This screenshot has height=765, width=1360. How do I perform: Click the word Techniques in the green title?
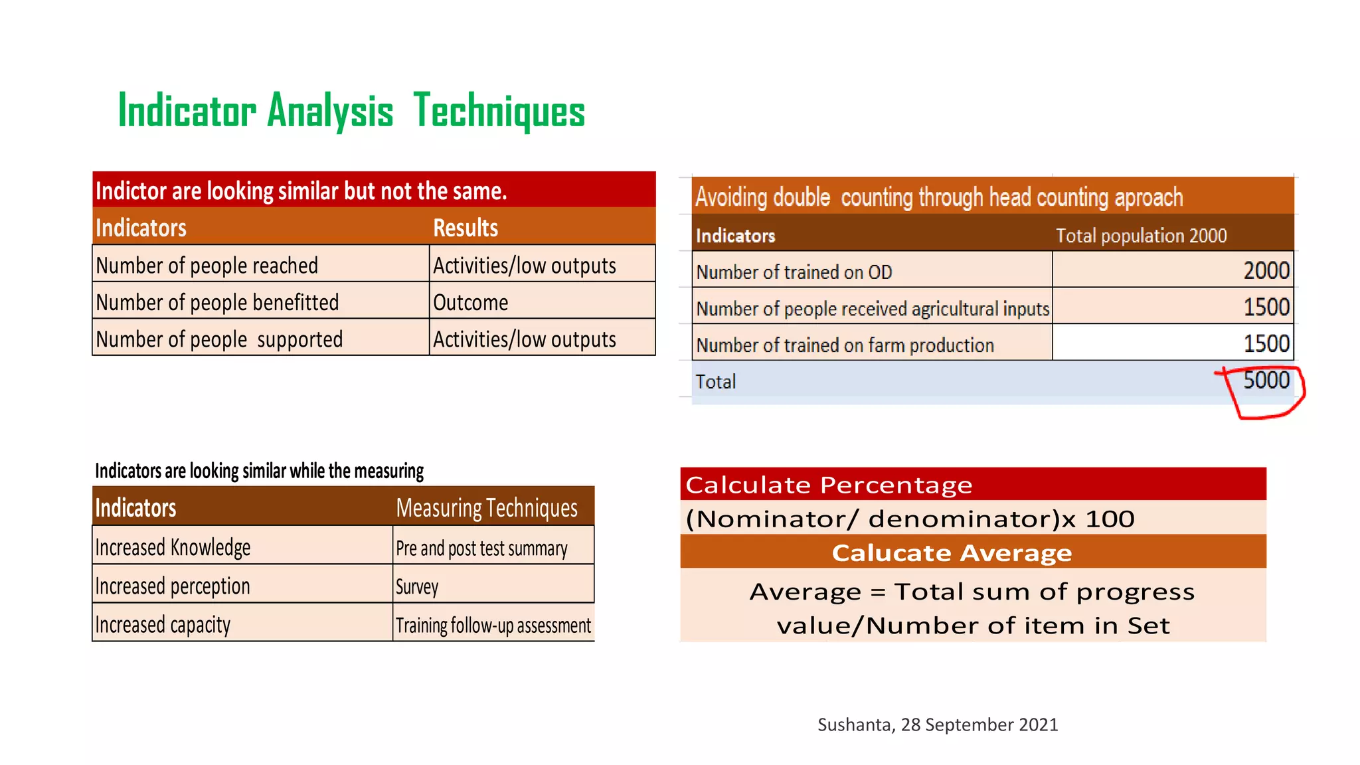click(x=499, y=112)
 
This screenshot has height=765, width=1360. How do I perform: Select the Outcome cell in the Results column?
click(x=470, y=303)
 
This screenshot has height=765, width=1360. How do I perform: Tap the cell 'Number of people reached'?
click(x=207, y=266)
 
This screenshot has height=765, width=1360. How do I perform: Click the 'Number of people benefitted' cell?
click(x=217, y=303)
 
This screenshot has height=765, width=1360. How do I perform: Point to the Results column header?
click(x=466, y=228)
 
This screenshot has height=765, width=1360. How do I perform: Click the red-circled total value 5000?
click(x=1266, y=381)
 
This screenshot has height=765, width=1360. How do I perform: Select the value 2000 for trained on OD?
click(x=1266, y=271)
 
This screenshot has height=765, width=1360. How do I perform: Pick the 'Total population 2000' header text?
click(x=1141, y=236)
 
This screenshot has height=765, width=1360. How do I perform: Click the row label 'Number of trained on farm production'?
click(x=845, y=345)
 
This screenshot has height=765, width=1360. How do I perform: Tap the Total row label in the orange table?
click(x=716, y=382)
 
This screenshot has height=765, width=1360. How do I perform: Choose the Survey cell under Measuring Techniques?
click(x=417, y=586)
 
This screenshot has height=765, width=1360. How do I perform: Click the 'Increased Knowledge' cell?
click(x=173, y=548)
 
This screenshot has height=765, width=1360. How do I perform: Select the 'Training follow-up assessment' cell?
click(x=493, y=626)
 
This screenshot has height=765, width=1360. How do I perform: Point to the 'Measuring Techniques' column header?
click(x=486, y=508)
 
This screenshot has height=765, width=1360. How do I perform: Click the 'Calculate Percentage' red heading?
click(x=829, y=485)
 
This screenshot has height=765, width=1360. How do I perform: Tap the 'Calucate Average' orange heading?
click(x=952, y=552)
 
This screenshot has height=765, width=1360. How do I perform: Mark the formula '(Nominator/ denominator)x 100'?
click(x=910, y=519)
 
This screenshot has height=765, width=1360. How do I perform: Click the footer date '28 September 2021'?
click(x=979, y=724)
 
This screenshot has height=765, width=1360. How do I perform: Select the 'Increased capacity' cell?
click(x=163, y=625)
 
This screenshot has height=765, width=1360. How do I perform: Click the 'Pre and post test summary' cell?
click(x=481, y=549)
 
